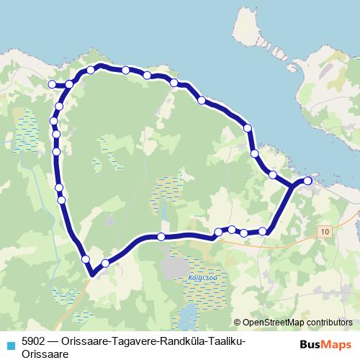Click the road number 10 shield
pos(327,231)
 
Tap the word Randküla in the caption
pos(174,341)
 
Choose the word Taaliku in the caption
pos(220,341)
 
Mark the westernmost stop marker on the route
pos(52,84)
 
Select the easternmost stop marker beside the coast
pos(308,181)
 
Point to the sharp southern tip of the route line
pos(92,274)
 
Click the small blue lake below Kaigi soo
pos(187,314)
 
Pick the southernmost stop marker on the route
pos(106,264)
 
